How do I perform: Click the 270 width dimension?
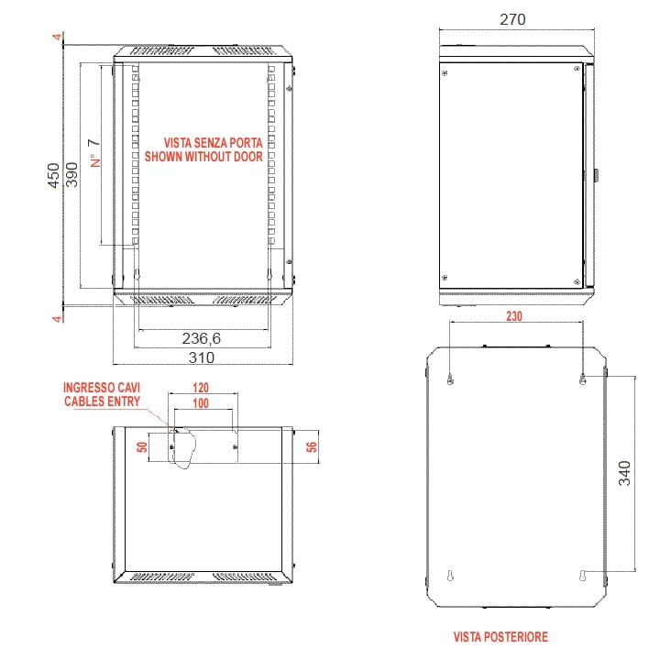tap(512, 19)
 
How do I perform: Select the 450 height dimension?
tap(53, 175)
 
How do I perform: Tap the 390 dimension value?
tap(72, 175)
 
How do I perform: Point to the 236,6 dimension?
tap(201, 338)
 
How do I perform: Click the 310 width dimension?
tap(201, 357)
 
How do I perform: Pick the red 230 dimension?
tap(514, 315)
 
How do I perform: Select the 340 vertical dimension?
tap(624, 473)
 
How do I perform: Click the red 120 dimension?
tap(201, 387)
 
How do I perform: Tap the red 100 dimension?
tap(201, 402)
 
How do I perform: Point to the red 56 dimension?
tap(312, 446)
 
